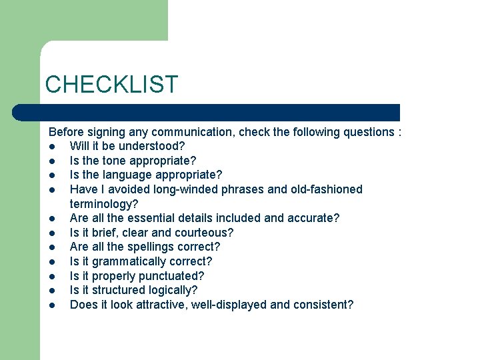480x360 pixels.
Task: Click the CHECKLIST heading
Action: click(111, 85)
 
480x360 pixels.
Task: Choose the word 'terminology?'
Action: click(104, 204)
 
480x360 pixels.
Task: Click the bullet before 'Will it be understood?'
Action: click(52, 147)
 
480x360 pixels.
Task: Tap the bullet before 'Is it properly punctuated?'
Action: click(52, 276)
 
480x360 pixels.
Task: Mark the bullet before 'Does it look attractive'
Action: click(52, 305)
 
